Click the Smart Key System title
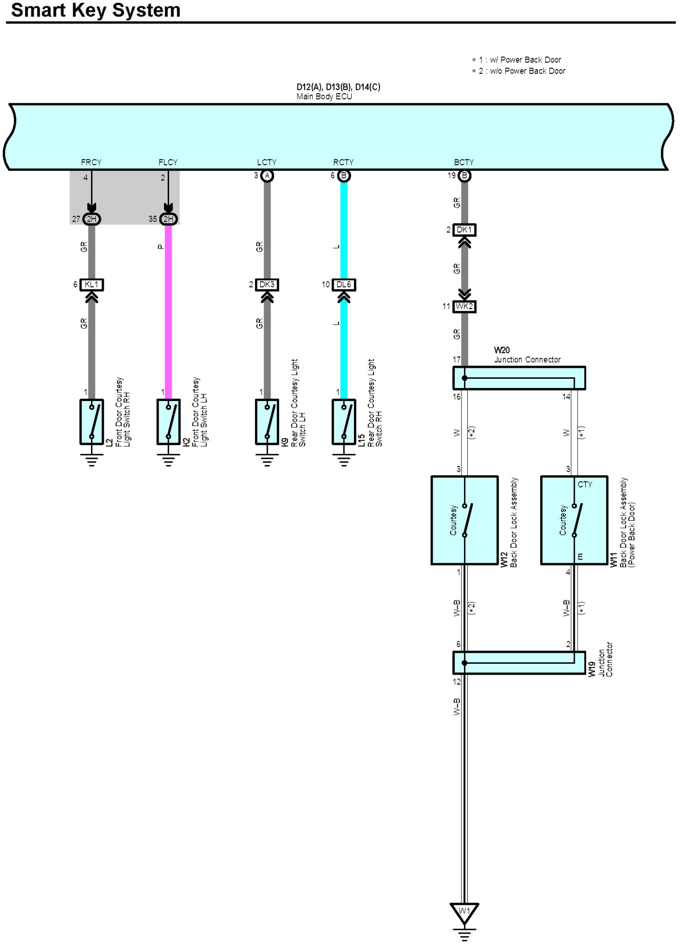tap(95, 10)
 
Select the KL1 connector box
tap(91, 285)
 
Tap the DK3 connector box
tap(267, 285)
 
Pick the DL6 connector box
tap(344, 285)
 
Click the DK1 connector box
tap(464, 230)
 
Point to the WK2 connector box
tap(464, 306)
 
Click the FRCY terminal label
tap(91, 162)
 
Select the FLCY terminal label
tap(168, 162)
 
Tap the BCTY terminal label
tap(464, 162)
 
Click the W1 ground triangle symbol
tap(464, 911)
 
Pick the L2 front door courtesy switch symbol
tap(91, 421)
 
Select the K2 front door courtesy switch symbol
tap(168, 421)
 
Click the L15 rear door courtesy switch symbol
tap(344, 421)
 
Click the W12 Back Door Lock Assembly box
tap(464, 520)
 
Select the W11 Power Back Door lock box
tap(574, 520)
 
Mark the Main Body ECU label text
tap(324, 97)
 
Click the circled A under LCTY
tap(267, 176)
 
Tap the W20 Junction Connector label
tap(527, 355)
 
